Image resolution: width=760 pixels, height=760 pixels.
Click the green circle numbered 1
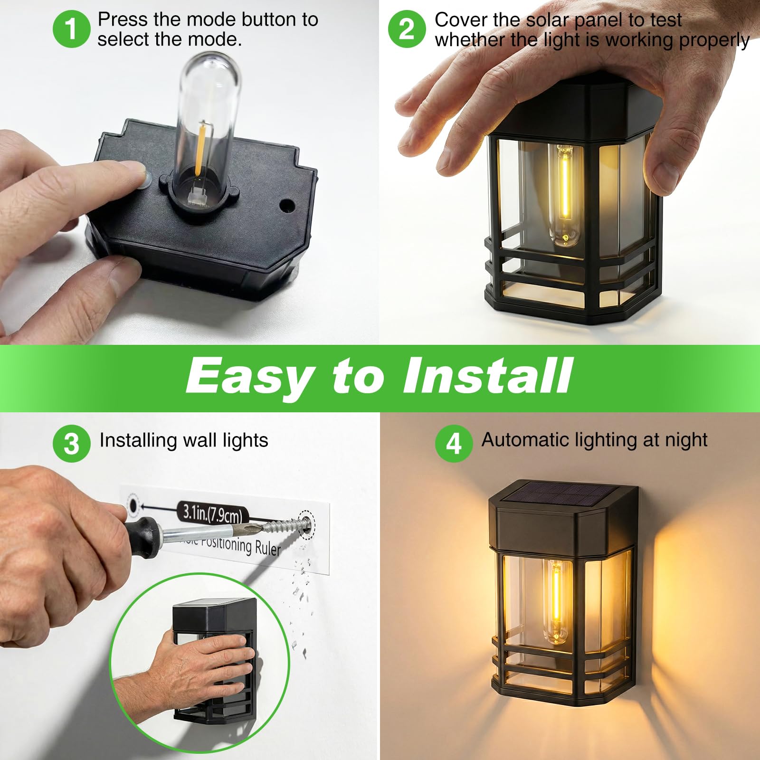[x=71, y=29]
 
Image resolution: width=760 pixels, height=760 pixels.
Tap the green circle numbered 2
[x=407, y=29]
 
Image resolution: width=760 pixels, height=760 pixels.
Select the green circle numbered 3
[x=71, y=443]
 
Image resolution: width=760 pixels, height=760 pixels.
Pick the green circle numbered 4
[x=454, y=443]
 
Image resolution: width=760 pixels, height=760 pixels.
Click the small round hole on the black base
[x=287, y=206]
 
